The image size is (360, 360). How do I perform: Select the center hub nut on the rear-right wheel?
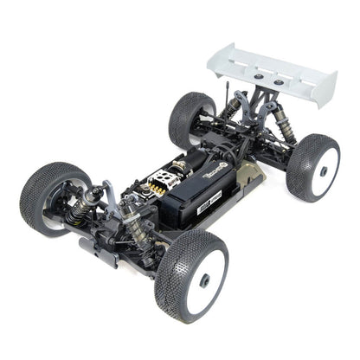[323, 171]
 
